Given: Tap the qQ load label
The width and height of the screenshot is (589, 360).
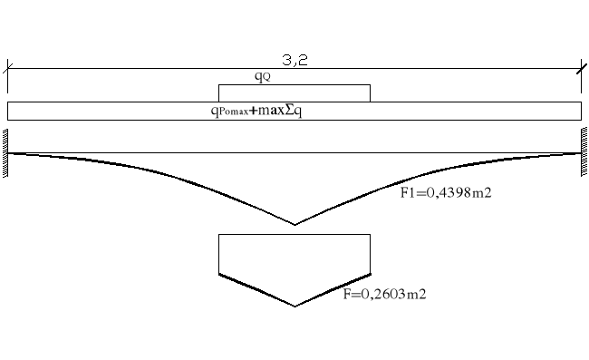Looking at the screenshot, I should point(261,78).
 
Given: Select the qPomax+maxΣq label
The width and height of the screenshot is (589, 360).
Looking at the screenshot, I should point(262,111).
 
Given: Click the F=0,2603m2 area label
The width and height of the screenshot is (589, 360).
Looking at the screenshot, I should point(385,294).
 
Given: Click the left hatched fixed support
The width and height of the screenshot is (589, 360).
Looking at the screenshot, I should point(5,153).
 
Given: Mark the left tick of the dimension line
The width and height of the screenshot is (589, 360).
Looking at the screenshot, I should point(8,67).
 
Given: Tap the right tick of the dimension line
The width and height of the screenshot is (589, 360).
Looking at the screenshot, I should point(581,67).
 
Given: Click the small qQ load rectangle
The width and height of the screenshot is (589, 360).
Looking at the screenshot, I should point(294,93).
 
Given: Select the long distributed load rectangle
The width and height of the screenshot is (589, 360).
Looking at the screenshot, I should point(453,111).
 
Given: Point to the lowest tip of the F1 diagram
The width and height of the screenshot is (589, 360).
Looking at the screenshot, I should point(294,225).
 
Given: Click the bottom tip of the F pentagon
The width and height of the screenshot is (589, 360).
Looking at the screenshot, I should point(294,306).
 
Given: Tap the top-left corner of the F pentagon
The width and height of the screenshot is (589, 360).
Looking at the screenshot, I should point(219,235).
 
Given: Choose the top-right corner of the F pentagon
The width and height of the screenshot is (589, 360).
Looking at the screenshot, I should point(370,235).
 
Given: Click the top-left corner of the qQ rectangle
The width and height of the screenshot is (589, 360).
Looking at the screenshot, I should point(219,85).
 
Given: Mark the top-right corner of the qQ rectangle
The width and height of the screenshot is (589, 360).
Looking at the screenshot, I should point(370,85).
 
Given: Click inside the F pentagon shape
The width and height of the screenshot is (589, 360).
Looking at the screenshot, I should point(294,263).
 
